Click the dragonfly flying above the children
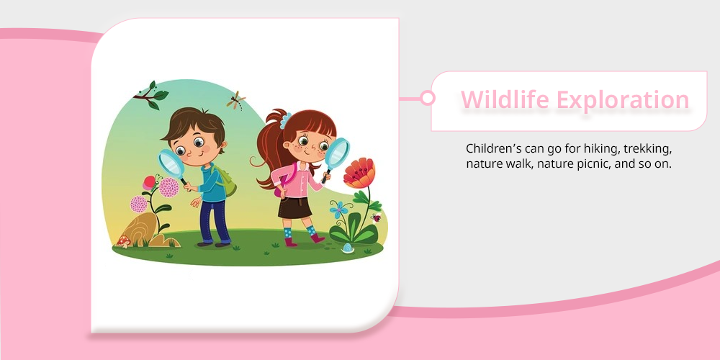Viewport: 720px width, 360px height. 236,100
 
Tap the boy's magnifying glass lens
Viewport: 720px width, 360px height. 171,163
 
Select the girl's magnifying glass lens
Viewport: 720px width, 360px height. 337,153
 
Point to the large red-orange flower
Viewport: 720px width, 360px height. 359,173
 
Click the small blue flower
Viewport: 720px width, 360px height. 338,210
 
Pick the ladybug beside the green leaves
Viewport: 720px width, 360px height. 377,217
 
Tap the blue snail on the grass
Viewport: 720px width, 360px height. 348,248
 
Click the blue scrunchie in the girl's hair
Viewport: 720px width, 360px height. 286,121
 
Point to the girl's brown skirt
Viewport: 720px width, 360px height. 294,207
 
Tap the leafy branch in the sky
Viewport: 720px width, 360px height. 151,96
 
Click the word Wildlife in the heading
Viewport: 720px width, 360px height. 505,99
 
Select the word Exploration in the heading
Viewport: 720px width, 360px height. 623,99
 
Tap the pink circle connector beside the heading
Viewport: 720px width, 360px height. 428,98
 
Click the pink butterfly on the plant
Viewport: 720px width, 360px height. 150,183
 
